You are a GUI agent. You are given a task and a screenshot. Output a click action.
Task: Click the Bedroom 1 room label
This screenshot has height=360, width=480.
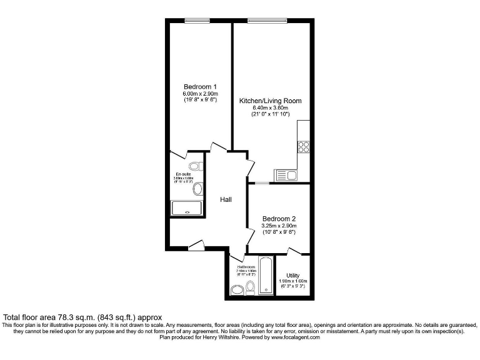pos(200,86)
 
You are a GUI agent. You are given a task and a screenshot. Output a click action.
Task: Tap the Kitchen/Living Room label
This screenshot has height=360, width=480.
pos(271,101)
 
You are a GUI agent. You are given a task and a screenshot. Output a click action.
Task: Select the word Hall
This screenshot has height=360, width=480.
pos(226,199)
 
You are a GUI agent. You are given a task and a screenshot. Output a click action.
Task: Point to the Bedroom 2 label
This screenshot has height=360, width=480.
pos(279,218)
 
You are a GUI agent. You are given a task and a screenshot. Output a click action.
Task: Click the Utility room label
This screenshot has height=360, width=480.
pos(293,275)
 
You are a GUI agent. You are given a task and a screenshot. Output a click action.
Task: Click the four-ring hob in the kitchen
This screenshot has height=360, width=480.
pos(303,147)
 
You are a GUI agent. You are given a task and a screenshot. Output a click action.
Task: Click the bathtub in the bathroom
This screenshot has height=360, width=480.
pos(265,275)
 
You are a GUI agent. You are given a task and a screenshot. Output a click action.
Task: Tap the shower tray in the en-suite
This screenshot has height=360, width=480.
pos(187,208)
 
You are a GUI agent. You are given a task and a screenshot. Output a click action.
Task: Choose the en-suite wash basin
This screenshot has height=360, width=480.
pos(197,189)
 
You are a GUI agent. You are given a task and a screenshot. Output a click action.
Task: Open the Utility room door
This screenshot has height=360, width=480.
pos(292,251)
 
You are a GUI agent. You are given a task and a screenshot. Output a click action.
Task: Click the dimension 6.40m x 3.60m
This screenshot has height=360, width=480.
pos(271,107)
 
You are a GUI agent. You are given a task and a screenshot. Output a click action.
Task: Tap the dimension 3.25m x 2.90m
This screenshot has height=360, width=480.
pos(279,226)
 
